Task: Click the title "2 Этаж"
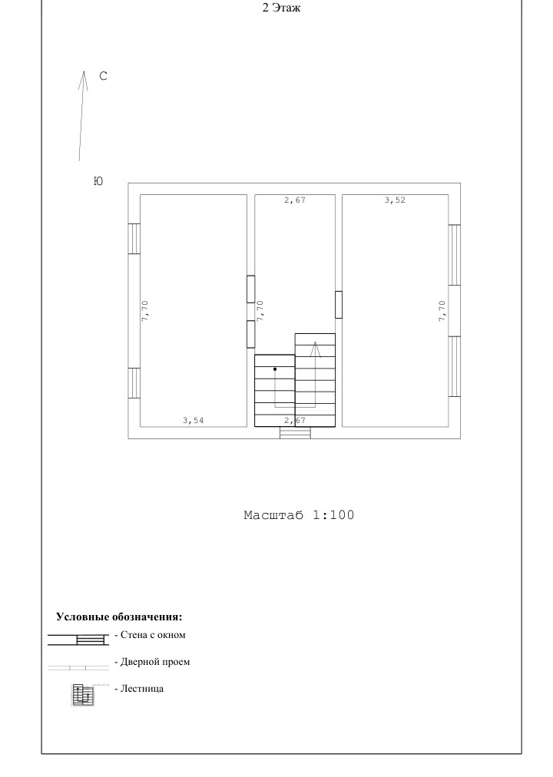(x=281, y=8)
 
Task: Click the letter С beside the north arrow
(x=103, y=76)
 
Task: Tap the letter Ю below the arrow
(x=98, y=181)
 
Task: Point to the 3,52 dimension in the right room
(x=395, y=200)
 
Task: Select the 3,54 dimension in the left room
(x=194, y=421)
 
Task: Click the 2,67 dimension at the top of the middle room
(x=295, y=200)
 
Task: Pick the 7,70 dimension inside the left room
(x=144, y=311)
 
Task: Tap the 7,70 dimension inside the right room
(x=442, y=311)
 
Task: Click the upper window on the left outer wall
(x=134, y=239)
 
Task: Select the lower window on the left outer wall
(x=134, y=383)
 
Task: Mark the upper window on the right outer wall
(x=455, y=255)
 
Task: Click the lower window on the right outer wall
(x=455, y=367)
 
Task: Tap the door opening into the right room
(x=339, y=305)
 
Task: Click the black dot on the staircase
(x=275, y=369)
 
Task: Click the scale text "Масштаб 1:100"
(x=300, y=515)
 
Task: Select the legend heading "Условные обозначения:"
(x=119, y=617)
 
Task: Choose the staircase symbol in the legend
(x=83, y=694)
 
